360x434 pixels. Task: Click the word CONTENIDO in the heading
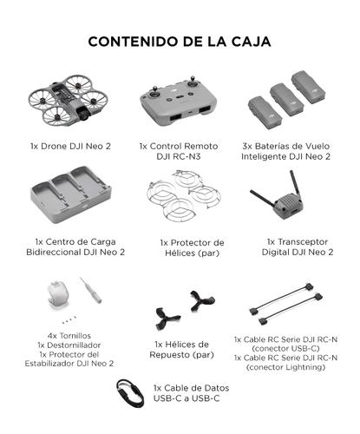tap(128, 41)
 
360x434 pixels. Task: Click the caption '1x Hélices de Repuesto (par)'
tap(180, 349)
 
